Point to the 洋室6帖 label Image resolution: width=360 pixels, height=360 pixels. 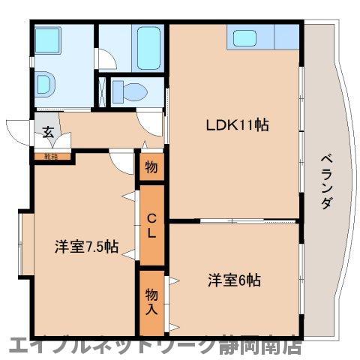coord(234,280)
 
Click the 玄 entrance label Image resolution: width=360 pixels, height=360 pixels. coord(47,133)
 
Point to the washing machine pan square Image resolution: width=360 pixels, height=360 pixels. coord(52,39)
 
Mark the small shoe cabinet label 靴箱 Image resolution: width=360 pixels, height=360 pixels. coord(50,157)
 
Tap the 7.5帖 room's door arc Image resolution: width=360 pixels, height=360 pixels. coord(120,161)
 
